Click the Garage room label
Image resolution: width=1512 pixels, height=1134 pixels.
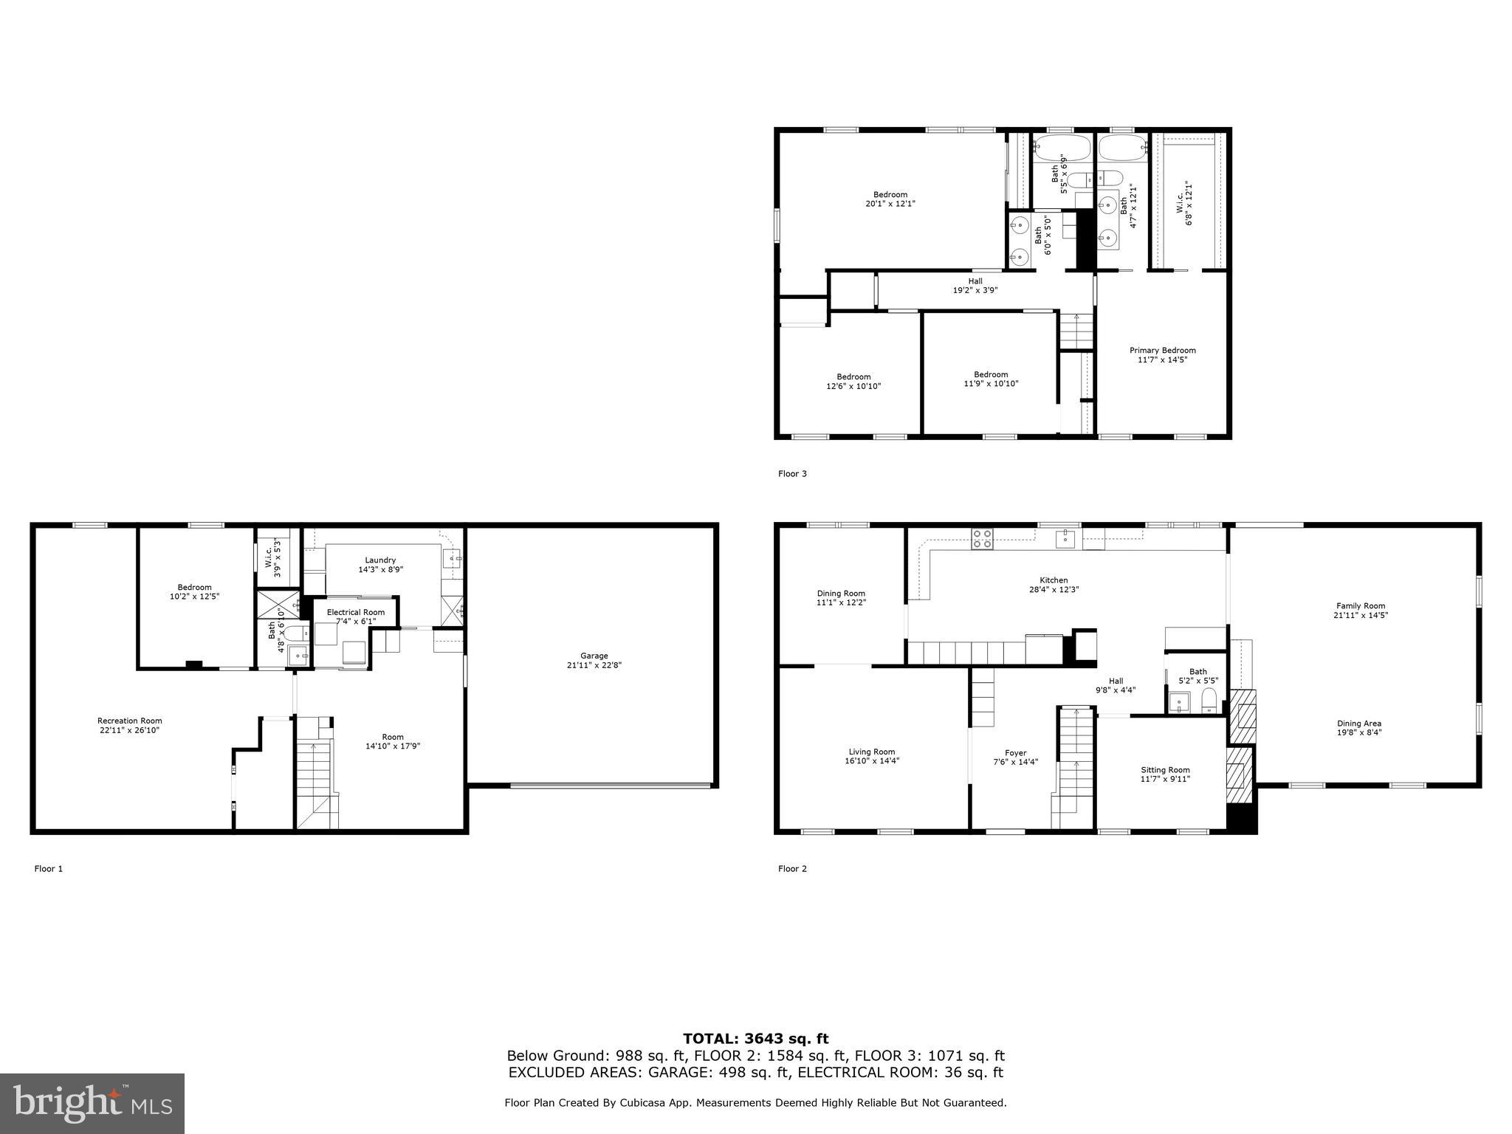click(x=594, y=656)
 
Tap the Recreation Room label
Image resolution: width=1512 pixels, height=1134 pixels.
click(x=129, y=721)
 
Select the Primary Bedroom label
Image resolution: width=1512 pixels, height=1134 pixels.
click(x=1162, y=351)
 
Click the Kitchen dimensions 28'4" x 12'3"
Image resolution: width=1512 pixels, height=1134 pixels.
click(x=1054, y=590)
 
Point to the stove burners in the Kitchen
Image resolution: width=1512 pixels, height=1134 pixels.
click(x=982, y=539)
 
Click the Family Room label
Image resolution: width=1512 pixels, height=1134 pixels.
click(x=1360, y=605)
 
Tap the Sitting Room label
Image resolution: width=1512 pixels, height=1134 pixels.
click(x=1165, y=770)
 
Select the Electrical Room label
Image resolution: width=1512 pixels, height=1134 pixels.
click(x=356, y=612)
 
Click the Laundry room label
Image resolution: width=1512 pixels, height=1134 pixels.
click(x=380, y=560)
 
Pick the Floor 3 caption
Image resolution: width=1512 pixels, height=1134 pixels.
click(x=792, y=474)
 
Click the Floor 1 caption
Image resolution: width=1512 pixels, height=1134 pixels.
click(x=49, y=869)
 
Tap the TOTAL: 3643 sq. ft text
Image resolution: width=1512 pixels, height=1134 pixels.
click(x=755, y=1039)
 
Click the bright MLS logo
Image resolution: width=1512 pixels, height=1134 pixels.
click(x=92, y=1104)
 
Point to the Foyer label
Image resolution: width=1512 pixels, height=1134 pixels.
click(x=1015, y=753)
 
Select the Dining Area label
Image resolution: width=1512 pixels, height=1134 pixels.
click(x=1358, y=724)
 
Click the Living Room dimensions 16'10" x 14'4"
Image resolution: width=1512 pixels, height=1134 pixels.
click(x=872, y=761)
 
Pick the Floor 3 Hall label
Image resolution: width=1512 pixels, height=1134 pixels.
click(x=975, y=281)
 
